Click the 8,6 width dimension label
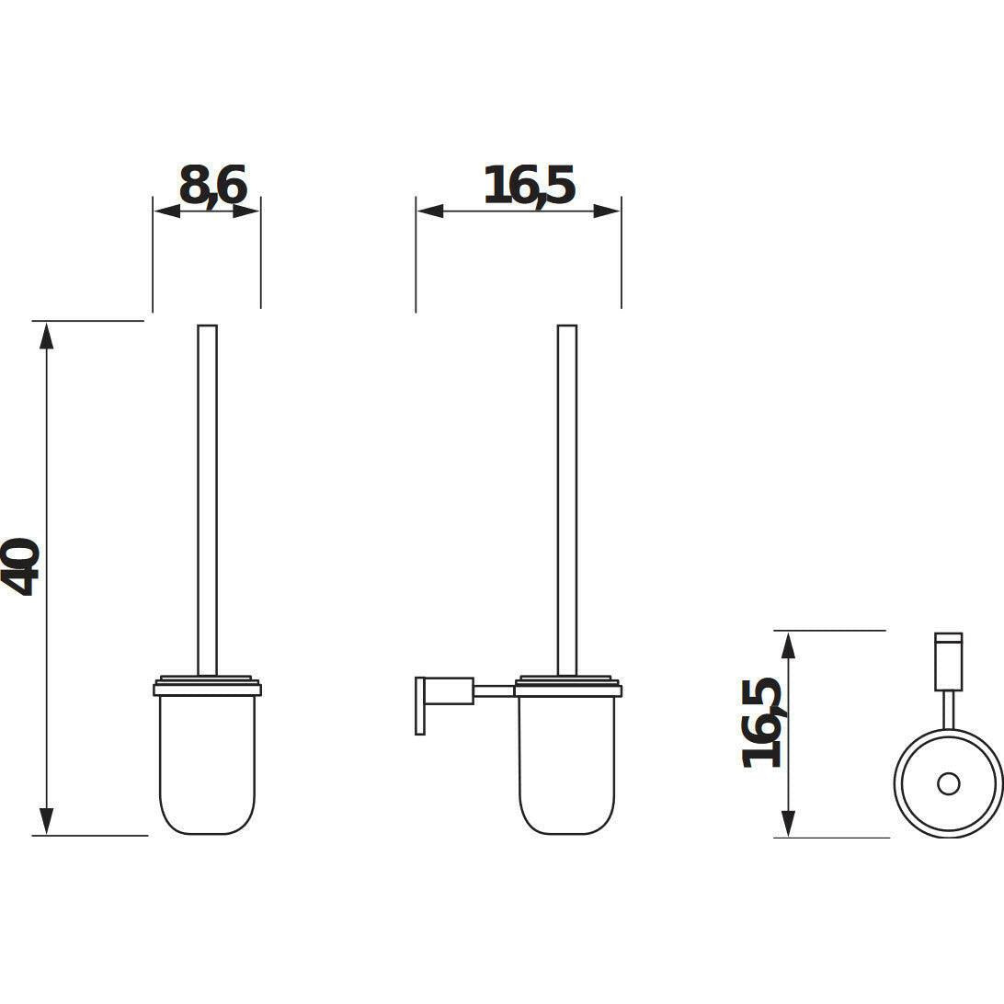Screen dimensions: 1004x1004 212,186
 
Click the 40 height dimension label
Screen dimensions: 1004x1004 21,566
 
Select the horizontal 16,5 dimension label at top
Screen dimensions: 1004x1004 529,186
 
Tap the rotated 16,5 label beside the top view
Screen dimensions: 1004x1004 762,723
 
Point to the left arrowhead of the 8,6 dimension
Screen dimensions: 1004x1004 166,211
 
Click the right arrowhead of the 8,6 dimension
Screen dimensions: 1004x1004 246,211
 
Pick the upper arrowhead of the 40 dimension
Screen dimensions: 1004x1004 46,336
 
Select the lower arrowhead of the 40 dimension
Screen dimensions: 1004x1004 46,822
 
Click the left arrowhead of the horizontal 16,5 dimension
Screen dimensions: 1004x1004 430,211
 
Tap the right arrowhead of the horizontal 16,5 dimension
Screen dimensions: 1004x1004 607,211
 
